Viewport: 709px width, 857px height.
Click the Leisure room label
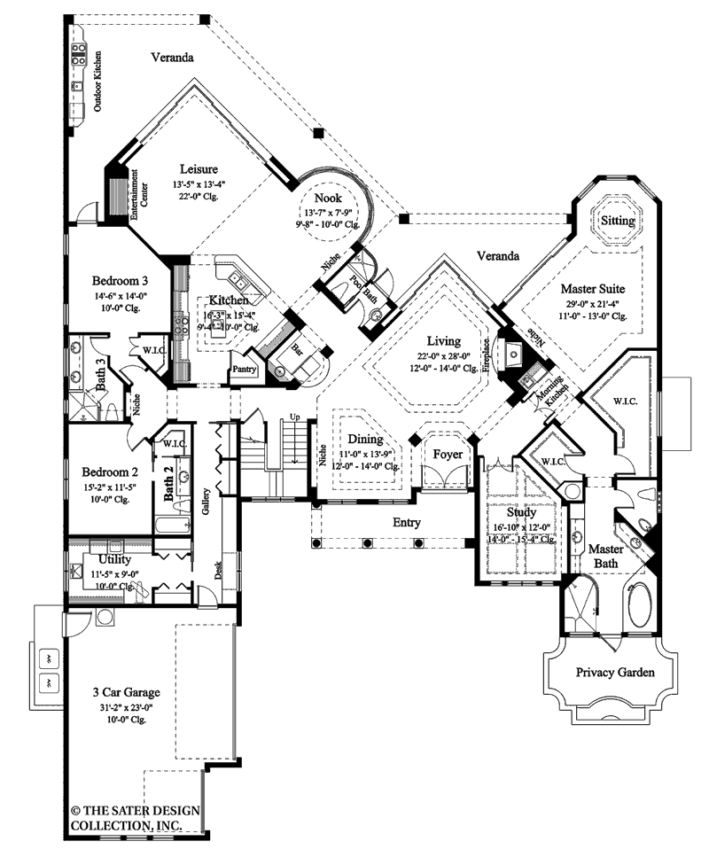(199, 168)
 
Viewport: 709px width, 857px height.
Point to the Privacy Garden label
(615, 673)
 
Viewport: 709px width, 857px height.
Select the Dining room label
(365, 439)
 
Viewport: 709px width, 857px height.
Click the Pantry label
(244, 369)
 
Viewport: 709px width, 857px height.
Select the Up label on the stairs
(294, 417)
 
